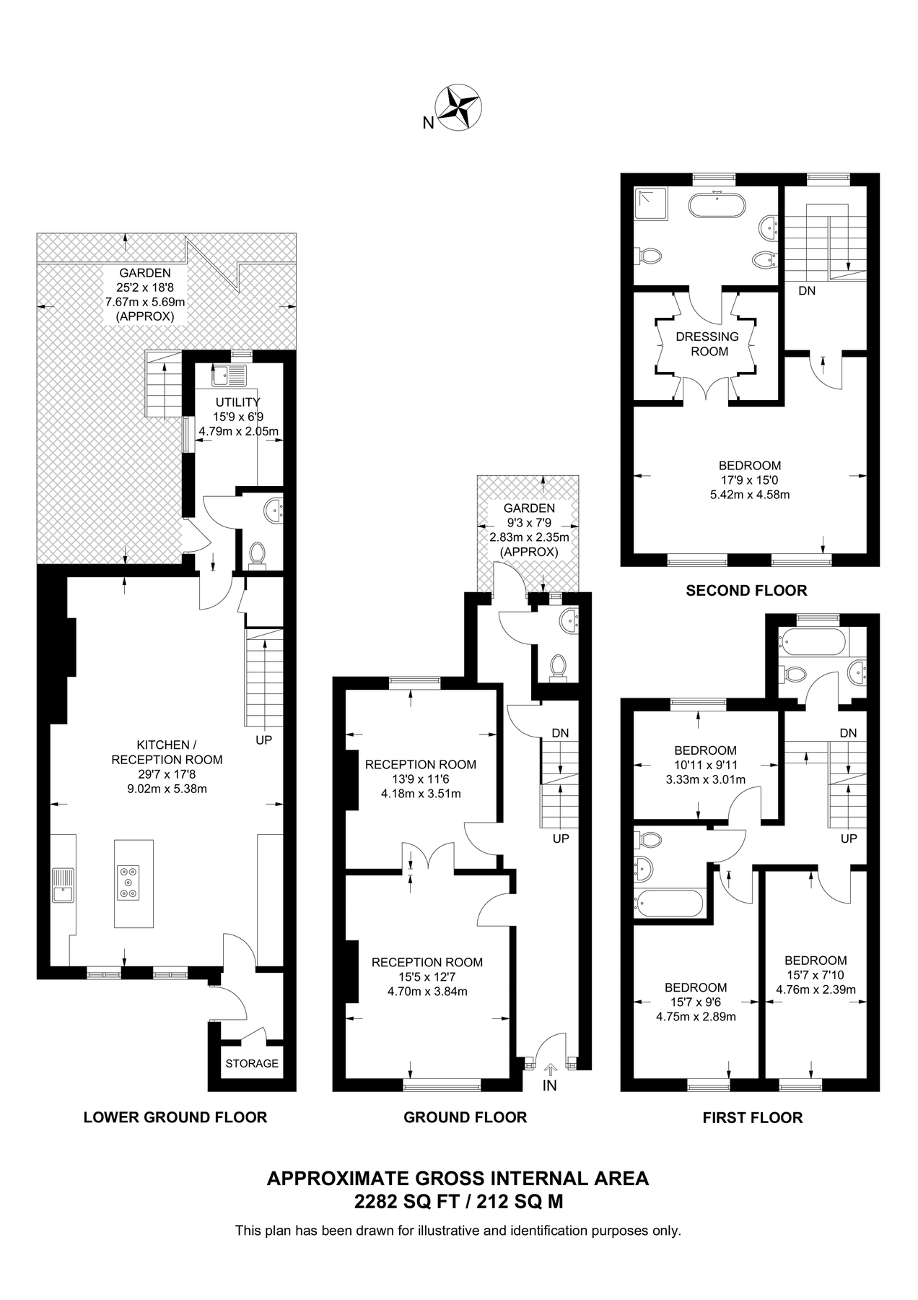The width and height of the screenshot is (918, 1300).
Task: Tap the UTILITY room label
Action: click(237, 402)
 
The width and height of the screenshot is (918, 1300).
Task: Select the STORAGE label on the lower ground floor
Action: click(252, 1063)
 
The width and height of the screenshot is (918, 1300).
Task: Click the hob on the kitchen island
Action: click(128, 882)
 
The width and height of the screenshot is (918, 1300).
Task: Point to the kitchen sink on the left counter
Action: click(62, 885)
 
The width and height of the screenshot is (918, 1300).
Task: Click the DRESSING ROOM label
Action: click(707, 344)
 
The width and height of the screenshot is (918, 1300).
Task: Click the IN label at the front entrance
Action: click(550, 1085)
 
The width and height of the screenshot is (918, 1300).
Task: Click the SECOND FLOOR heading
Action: click(746, 591)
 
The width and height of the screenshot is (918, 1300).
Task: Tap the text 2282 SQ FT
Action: click(401, 1202)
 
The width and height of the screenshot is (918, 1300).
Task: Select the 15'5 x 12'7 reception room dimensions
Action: click(427, 977)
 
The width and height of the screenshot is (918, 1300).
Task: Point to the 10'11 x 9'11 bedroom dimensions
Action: click(705, 765)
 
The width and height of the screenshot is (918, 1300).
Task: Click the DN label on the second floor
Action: click(807, 291)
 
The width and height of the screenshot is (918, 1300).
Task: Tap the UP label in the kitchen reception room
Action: click(263, 740)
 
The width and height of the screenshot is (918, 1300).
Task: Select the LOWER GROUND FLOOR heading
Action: click(175, 1117)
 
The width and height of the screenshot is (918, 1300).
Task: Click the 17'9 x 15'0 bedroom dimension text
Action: click(750, 480)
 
